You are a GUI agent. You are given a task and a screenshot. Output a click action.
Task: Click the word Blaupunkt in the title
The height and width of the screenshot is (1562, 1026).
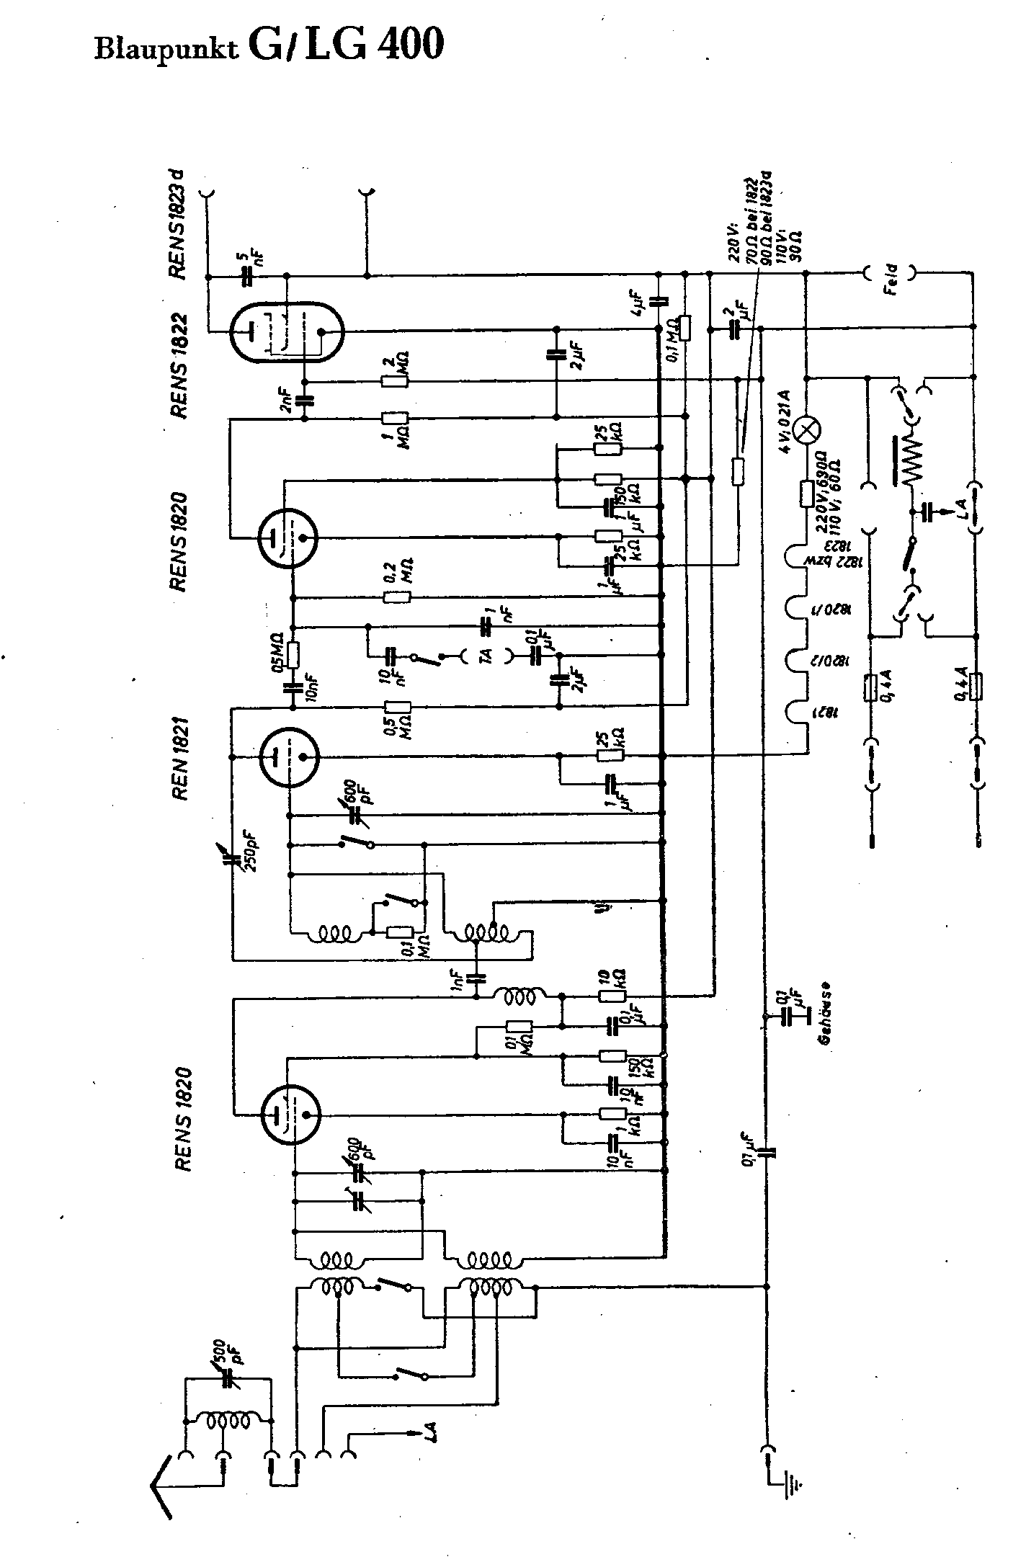point(166,50)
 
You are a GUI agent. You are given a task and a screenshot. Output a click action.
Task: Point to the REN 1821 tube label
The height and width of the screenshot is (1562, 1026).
point(179,758)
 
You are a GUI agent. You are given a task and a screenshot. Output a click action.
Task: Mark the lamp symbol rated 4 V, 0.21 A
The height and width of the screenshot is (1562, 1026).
point(806,431)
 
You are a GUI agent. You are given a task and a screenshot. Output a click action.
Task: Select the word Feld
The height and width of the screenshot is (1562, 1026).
point(892,273)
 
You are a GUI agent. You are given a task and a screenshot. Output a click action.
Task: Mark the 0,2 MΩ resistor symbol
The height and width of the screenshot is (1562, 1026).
point(397,597)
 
